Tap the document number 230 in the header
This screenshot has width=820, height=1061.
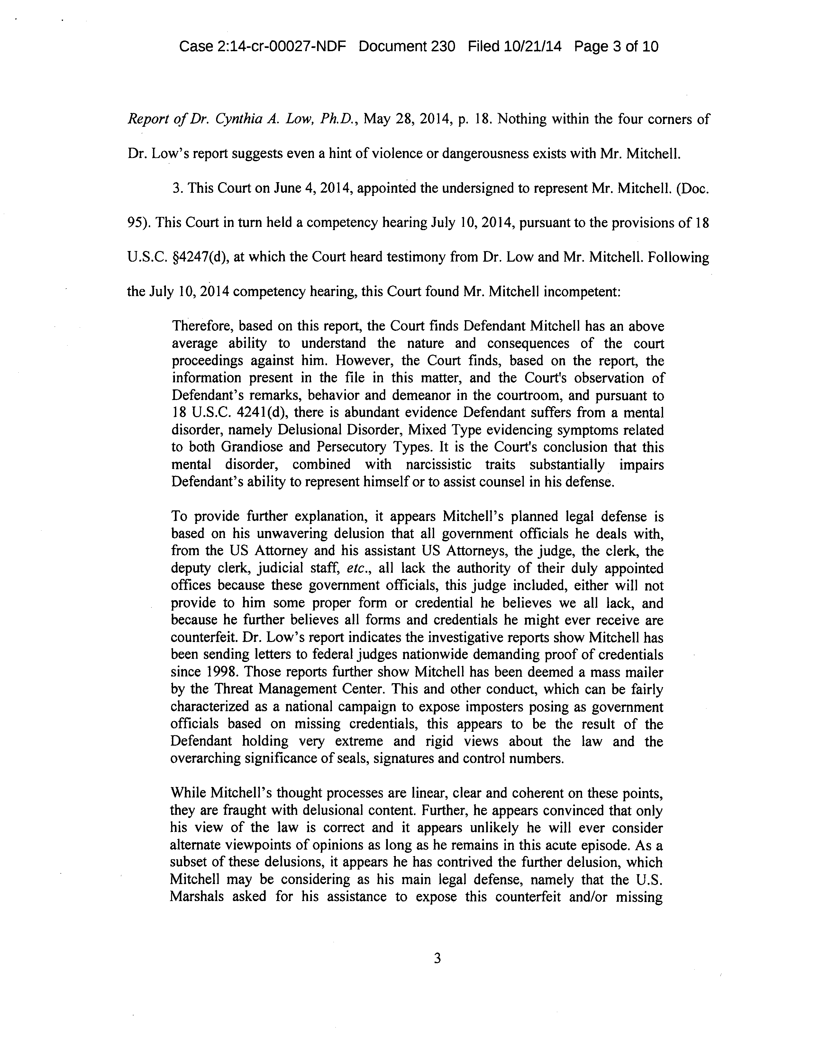click(442, 47)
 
